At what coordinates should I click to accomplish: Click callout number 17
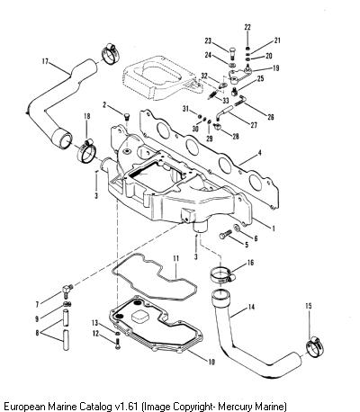[45, 61]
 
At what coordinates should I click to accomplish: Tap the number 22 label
[247, 27]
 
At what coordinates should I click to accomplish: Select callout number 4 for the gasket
[260, 153]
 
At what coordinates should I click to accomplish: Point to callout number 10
[211, 362]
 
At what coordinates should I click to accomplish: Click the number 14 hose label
[251, 307]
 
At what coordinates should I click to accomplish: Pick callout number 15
[309, 306]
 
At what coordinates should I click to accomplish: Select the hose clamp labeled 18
[87, 151]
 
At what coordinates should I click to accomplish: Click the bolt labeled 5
[226, 234]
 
